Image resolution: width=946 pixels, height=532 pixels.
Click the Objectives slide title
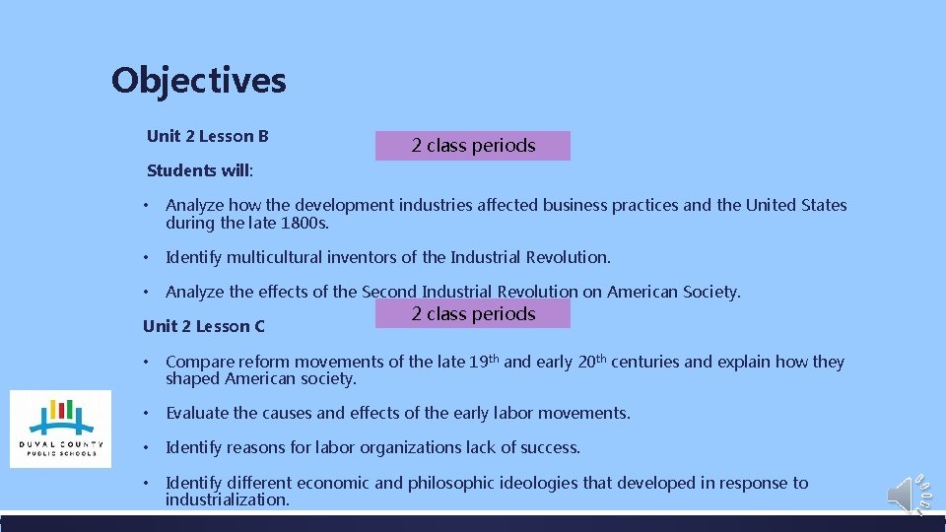(x=198, y=80)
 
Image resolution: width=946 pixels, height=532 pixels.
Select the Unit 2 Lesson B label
(x=207, y=136)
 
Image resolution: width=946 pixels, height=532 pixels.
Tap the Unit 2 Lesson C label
(x=203, y=326)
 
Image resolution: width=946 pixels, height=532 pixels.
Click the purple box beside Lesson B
(x=473, y=146)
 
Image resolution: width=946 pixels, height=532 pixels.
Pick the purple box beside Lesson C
(x=473, y=314)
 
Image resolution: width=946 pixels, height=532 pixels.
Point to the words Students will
(x=198, y=170)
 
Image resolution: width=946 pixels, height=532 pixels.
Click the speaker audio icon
(x=903, y=495)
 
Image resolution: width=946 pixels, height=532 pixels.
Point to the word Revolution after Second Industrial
(x=538, y=292)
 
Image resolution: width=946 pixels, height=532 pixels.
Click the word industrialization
(x=227, y=499)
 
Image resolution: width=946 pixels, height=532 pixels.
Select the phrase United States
(x=795, y=205)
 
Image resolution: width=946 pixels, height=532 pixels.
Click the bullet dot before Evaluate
(x=146, y=413)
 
